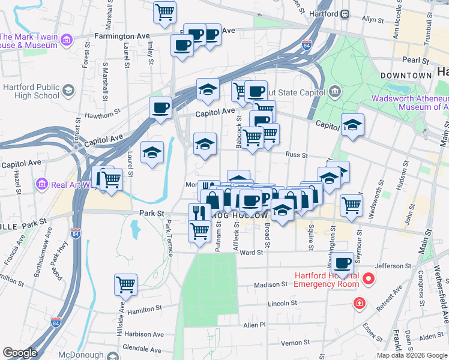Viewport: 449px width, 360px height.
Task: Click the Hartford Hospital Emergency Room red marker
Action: [x=369, y=279]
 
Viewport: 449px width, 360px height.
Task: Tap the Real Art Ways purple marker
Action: [x=41, y=184]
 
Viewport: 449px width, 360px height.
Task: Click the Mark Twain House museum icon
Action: [x=67, y=40]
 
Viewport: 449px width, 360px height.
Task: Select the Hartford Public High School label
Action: [x=31, y=91]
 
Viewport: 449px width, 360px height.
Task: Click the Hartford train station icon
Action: [x=346, y=14]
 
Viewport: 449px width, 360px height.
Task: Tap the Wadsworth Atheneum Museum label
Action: [x=409, y=103]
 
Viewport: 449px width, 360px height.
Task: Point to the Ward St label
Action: [x=252, y=253]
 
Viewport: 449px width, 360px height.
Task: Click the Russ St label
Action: [x=297, y=155]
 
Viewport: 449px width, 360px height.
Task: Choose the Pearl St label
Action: [x=410, y=59]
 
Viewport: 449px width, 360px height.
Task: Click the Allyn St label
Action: [x=373, y=20]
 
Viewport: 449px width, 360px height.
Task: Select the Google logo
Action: [x=20, y=353]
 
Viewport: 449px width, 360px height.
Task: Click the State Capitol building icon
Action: [x=334, y=92]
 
